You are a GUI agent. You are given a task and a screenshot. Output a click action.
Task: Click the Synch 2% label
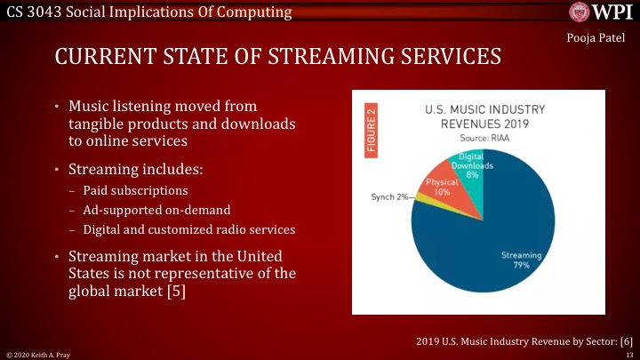tap(389, 196)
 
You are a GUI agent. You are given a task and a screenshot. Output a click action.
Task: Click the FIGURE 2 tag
tap(372, 129)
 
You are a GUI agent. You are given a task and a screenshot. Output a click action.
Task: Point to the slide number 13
tap(628, 353)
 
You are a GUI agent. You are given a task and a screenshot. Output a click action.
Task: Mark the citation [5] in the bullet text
tap(176, 291)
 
